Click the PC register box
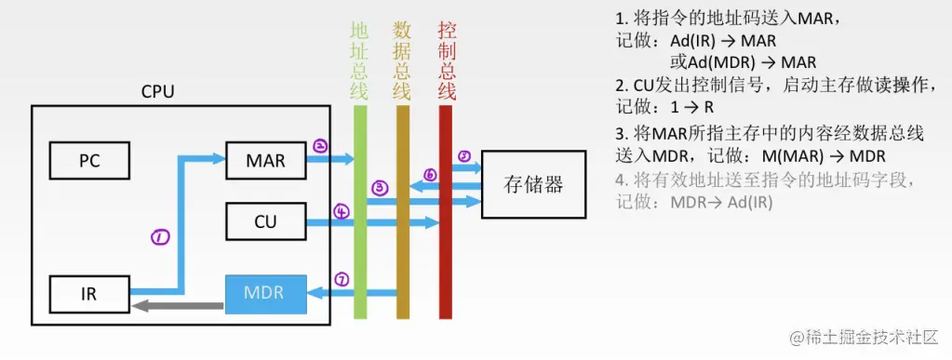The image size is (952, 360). (88, 160)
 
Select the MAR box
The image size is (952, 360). (265, 160)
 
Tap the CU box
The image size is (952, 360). (265, 221)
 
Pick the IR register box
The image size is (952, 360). (88, 294)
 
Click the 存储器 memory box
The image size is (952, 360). (533, 183)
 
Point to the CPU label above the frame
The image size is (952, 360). (157, 92)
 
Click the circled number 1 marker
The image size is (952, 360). (159, 237)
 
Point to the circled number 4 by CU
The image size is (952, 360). (342, 212)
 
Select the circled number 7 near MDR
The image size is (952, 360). (342, 279)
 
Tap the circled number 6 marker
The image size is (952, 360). (430, 174)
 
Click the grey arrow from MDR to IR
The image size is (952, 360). (177, 304)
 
